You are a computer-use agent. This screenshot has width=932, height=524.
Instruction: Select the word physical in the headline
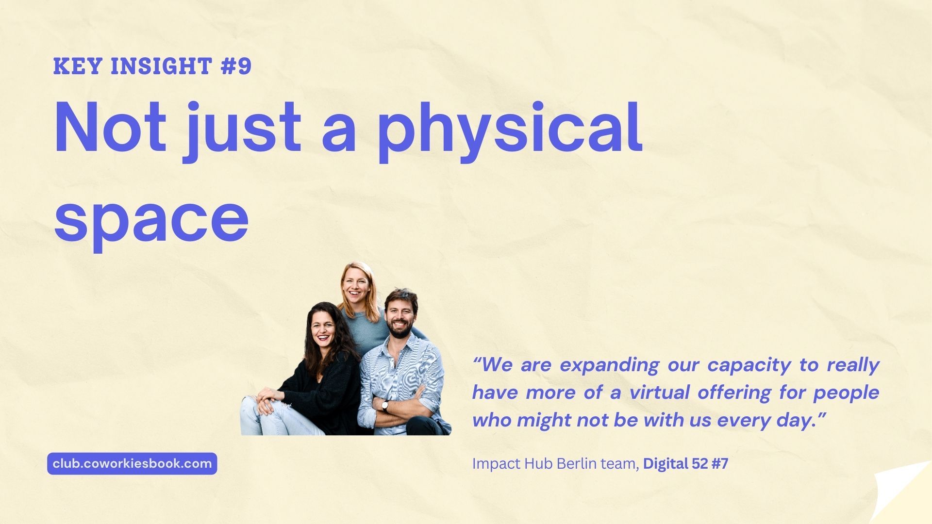click(x=510, y=130)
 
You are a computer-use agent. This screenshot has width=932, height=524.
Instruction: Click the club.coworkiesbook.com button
click(x=132, y=463)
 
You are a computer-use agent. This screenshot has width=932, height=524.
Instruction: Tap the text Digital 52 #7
click(x=685, y=464)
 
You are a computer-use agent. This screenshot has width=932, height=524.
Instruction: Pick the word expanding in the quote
click(x=609, y=365)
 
